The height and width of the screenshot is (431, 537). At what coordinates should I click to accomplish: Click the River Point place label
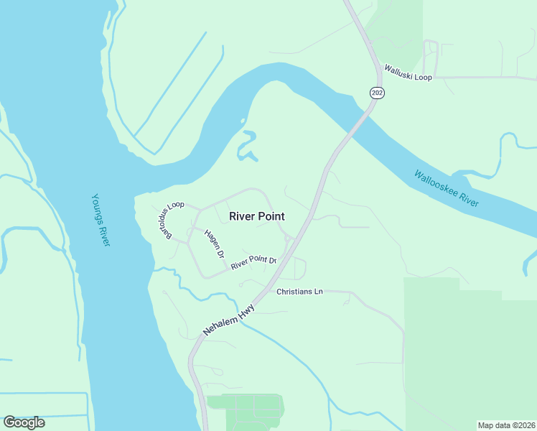(x=256, y=216)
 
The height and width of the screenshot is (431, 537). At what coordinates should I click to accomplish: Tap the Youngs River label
(x=101, y=220)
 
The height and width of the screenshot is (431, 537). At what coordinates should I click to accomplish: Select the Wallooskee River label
(x=446, y=188)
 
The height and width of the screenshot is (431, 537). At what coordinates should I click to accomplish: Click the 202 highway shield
(x=377, y=93)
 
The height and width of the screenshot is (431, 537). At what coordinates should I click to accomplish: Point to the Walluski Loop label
(x=408, y=73)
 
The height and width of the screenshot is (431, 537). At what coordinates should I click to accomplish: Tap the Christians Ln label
(x=300, y=292)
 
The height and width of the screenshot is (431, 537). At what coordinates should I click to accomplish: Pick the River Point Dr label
(x=253, y=262)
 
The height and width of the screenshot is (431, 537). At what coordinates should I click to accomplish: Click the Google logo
(x=24, y=422)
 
